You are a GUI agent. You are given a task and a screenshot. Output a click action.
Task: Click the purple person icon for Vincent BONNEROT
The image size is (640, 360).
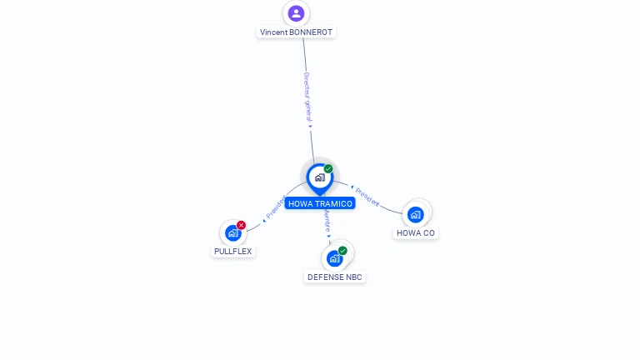(x=296, y=13)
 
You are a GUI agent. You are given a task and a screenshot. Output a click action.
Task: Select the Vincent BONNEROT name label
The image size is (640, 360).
(x=296, y=32)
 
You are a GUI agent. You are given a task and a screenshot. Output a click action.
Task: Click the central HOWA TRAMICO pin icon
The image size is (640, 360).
(x=319, y=177)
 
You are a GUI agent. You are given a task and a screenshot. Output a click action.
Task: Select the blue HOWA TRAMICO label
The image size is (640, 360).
(x=320, y=203)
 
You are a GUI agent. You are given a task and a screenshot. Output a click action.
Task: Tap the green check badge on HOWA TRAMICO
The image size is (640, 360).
(x=328, y=169)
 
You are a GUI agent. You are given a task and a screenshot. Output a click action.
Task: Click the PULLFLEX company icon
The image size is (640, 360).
(x=233, y=233)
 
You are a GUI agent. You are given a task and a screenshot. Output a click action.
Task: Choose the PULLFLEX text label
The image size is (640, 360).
(x=233, y=252)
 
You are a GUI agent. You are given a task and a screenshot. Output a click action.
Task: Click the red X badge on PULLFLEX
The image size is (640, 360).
(x=242, y=225)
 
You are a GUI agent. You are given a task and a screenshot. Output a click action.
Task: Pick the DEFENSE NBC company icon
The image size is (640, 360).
(x=335, y=258)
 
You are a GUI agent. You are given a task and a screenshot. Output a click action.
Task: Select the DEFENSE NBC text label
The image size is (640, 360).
(x=335, y=277)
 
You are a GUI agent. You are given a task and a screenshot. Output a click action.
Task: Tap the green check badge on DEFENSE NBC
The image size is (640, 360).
(x=342, y=251)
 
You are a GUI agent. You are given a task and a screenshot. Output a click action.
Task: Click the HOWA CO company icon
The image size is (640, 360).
(x=415, y=215)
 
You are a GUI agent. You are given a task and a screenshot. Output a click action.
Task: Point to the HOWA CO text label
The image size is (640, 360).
(x=416, y=233)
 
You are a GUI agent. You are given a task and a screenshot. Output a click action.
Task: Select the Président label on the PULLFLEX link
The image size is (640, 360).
(x=274, y=208)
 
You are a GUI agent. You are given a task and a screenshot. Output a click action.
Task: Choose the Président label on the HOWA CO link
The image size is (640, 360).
(x=367, y=197)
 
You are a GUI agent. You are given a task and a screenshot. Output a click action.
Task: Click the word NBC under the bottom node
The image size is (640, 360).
(x=354, y=277)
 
